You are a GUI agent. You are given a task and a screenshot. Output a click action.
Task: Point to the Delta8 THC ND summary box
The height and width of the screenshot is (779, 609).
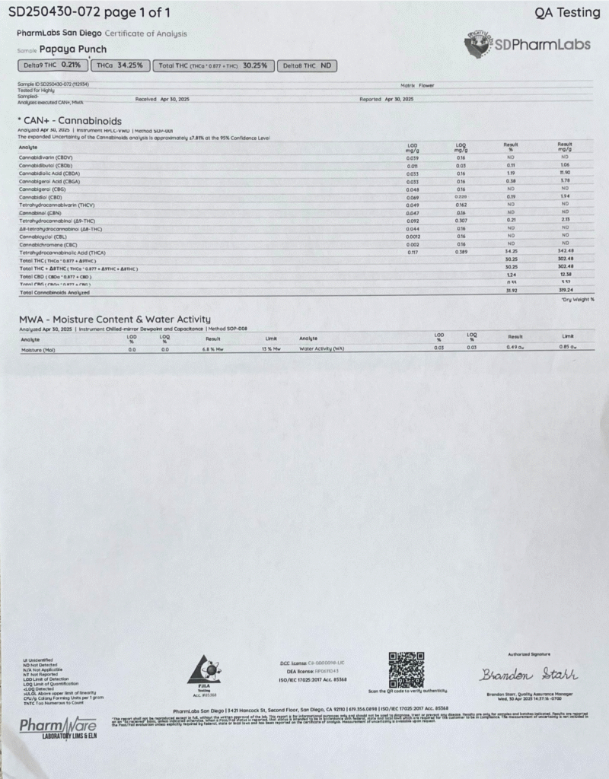[307, 65]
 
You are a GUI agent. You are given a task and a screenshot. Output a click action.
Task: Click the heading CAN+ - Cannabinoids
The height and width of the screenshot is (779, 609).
[69, 120]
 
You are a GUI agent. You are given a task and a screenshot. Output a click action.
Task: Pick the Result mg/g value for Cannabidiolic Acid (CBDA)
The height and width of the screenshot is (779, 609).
[565, 173]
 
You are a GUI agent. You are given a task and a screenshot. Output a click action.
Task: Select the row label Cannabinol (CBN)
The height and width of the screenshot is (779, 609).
[41, 213]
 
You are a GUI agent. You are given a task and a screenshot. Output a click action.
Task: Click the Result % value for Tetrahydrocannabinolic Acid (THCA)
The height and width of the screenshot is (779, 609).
[511, 252]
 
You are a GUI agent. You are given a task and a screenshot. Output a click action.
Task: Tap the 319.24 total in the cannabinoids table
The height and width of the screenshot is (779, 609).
[565, 291]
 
